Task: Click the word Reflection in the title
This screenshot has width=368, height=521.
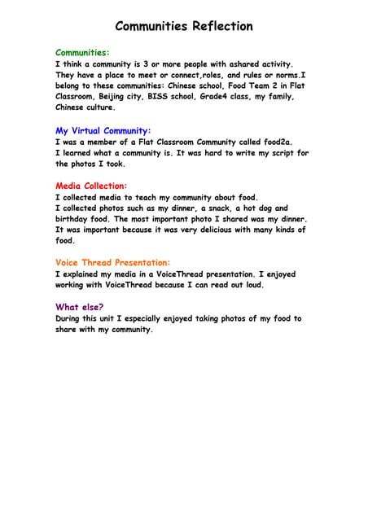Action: (221, 26)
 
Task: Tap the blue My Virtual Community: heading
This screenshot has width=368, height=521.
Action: (103, 130)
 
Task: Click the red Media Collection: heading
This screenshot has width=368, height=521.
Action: (91, 186)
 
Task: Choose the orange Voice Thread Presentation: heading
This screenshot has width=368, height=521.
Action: (113, 263)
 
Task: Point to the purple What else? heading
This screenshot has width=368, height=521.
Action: (79, 307)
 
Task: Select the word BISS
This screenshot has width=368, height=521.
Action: (161, 96)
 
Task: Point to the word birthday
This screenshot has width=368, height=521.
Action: (74, 219)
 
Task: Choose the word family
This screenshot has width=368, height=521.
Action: (274, 96)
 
